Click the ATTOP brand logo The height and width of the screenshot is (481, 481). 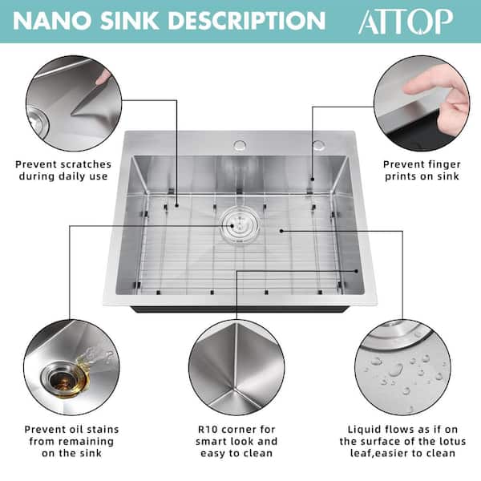point(406,21)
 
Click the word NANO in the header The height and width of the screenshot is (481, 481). point(52,21)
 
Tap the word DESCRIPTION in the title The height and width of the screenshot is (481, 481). point(247,21)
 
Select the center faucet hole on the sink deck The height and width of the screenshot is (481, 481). point(240,145)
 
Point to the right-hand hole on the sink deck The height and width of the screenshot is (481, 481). point(319,145)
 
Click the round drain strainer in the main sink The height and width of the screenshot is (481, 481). point(239,226)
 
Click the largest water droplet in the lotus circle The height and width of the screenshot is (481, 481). point(396,370)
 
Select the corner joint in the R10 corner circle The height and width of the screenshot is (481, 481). point(235,389)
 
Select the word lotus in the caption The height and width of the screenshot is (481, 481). point(451,441)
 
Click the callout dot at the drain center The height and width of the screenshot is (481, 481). point(232,226)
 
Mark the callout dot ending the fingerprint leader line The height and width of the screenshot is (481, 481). point(313,179)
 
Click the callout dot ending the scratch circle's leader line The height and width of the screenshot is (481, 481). point(176,205)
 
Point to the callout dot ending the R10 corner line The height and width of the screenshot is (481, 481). point(357,271)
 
